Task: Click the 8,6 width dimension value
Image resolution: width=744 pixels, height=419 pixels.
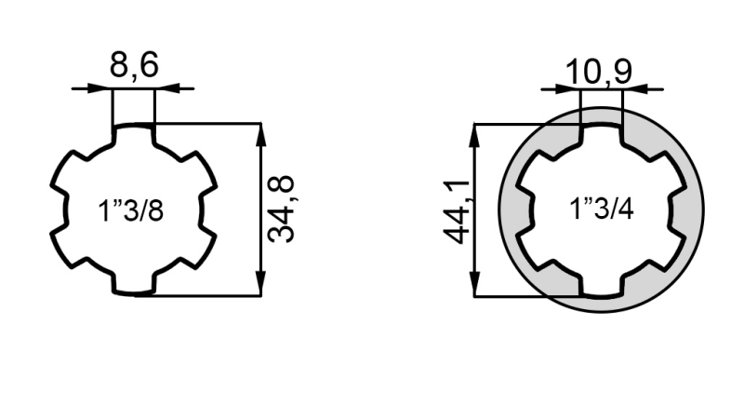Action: [x=134, y=66]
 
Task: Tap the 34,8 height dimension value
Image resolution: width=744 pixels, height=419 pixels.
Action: [x=282, y=209]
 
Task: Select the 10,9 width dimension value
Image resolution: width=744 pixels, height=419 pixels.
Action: [x=602, y=70]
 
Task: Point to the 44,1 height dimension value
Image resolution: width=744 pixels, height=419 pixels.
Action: [x=455, y=210]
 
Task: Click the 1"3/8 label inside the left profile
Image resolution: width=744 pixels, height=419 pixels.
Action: [x=131, y=210]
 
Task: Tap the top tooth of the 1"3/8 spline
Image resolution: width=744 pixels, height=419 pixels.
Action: [x=133, y=136]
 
